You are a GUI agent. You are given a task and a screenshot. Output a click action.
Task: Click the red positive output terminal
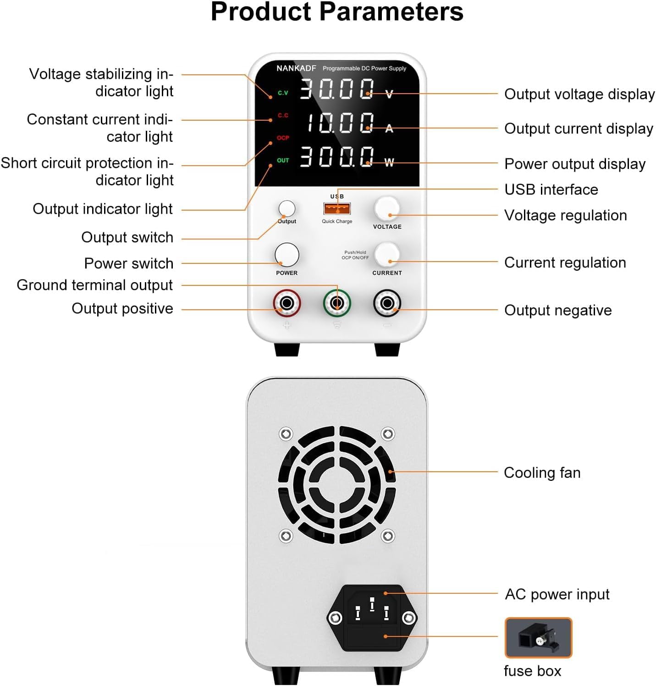pos(287,303)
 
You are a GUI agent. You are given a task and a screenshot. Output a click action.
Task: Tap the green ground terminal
pos(337,303)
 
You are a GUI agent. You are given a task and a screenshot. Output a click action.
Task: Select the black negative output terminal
pos(387,303)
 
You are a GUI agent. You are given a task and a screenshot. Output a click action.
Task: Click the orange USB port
pos(337,209)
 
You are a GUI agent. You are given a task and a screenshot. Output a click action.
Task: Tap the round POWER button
pos(287,255)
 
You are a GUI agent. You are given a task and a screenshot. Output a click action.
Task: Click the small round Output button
pos(287,208)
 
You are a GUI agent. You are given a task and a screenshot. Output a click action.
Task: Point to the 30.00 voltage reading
pos(337,89)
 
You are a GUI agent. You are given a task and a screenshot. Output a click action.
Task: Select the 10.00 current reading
pos(339,123)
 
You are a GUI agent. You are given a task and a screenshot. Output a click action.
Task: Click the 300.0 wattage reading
pos(337,156)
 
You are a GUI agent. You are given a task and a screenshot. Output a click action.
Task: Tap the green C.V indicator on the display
pos(283,93)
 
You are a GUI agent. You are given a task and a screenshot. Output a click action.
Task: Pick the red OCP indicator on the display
pos(283,138)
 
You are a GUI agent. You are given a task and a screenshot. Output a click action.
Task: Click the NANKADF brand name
pos(296,68)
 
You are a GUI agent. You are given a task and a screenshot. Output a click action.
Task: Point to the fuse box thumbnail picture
pos(538,638)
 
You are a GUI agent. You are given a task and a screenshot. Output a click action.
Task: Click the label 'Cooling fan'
pos(542,473)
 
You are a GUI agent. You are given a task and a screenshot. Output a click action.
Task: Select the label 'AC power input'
pos(557,594)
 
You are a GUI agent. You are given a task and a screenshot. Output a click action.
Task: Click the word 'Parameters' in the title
pos(391,12)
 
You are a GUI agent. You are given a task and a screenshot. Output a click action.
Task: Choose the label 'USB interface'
pos(551,190)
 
